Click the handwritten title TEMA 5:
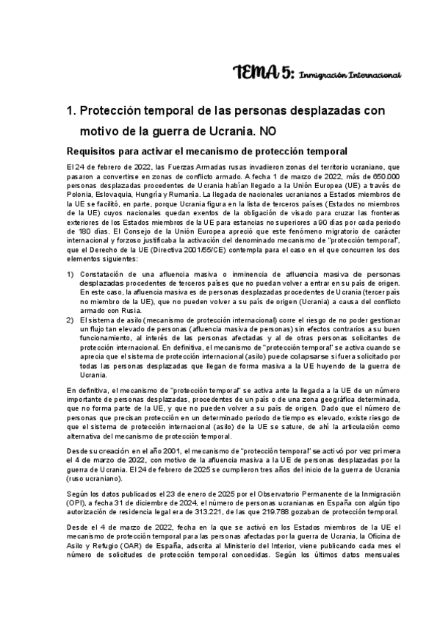pos(263,71)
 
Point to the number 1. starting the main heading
pos(71,111)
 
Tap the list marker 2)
pos(71,320)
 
